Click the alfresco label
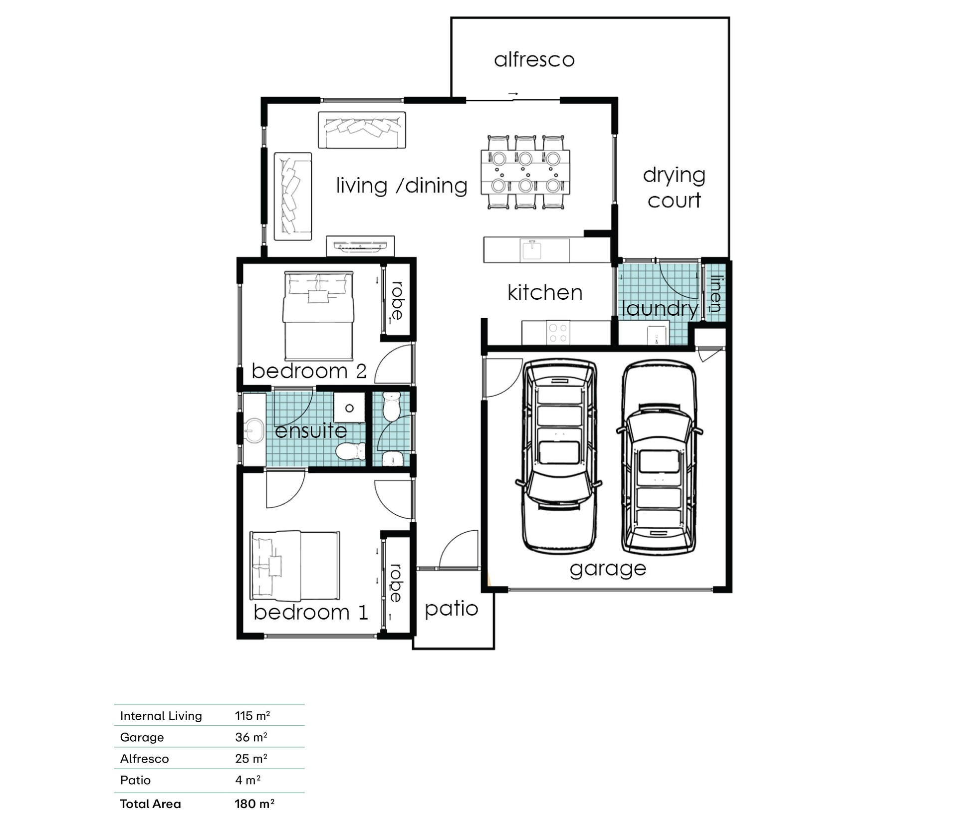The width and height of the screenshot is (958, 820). tap(534, 60)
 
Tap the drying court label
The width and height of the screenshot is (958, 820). tap(674, 188)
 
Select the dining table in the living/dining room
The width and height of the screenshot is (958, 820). tap(525, 172)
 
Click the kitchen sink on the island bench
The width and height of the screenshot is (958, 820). tap(532, 249)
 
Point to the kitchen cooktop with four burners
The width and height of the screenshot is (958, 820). tap(558, 333)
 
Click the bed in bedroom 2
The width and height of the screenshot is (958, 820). tap(318, 316)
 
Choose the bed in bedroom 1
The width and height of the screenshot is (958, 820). tap(295, 566)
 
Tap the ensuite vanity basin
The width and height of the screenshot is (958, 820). tap(254, 430)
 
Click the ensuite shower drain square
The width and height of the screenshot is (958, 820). tap(349, 408)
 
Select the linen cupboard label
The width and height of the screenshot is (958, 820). tap(716, 294)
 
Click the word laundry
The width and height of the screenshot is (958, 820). tap(660, 309)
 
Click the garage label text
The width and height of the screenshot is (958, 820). tap(608, 569)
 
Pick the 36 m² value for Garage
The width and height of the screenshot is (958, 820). tap(251, 737)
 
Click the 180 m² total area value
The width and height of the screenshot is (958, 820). tap(254, 804)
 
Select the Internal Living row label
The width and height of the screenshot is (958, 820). tap(161, 716)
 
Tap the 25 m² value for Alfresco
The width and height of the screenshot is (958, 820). tap(251, 759)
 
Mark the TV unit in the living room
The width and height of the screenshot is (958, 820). tap(360, 246)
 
